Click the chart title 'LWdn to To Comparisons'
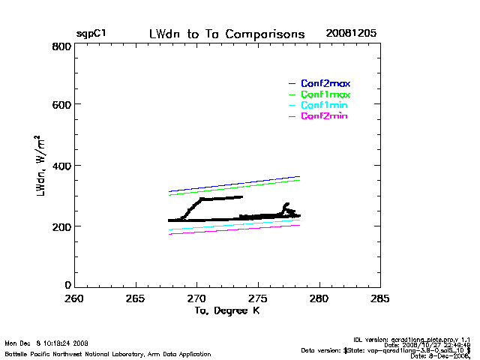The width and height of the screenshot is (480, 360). pos(227,34)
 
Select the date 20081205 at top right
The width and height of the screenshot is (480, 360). pos(351,34)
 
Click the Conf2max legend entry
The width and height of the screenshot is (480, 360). pos(325,83)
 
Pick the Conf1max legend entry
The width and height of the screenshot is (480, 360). pos(325,94)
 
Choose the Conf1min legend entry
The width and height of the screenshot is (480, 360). pos(325,106)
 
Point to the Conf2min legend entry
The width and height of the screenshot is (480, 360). pos(325,116)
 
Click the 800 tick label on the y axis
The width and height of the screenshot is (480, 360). pos(61,46)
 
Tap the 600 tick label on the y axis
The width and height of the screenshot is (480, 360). pos(61,105)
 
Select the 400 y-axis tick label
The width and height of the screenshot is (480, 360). pos(61,166)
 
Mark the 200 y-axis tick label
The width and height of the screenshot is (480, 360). pos(61,226)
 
